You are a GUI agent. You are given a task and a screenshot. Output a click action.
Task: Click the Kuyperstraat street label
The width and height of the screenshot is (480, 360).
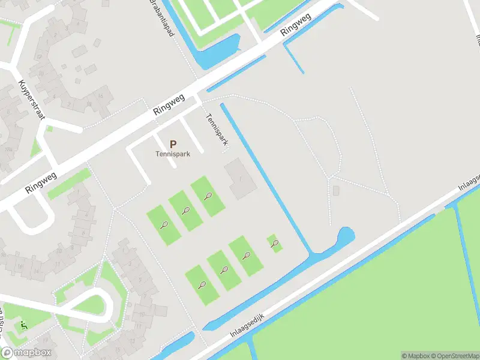(x=32, y=100)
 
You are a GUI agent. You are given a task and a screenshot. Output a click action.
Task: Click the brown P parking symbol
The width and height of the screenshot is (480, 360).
(x=173, y=145)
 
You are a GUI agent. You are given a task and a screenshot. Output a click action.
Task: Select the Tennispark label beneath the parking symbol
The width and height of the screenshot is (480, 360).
(x=173, y=154)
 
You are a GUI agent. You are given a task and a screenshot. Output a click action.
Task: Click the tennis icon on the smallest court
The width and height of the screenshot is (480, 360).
(x=275, y=243)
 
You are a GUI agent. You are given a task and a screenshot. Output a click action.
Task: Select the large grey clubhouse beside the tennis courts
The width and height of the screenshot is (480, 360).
(x=239, y=178)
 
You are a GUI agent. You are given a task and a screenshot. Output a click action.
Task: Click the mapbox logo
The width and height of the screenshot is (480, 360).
(x=26, y=353)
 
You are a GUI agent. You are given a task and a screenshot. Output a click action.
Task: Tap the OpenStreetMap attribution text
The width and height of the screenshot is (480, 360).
(x=455, y=356)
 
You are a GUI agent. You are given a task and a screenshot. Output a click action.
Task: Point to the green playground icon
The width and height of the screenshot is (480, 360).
(x=23, y=325)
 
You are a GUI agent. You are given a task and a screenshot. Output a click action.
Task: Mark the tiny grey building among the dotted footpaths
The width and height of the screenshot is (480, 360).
(x=336, y=191)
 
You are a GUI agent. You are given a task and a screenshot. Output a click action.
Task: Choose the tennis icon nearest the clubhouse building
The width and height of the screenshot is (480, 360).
(x=208, y=196)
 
